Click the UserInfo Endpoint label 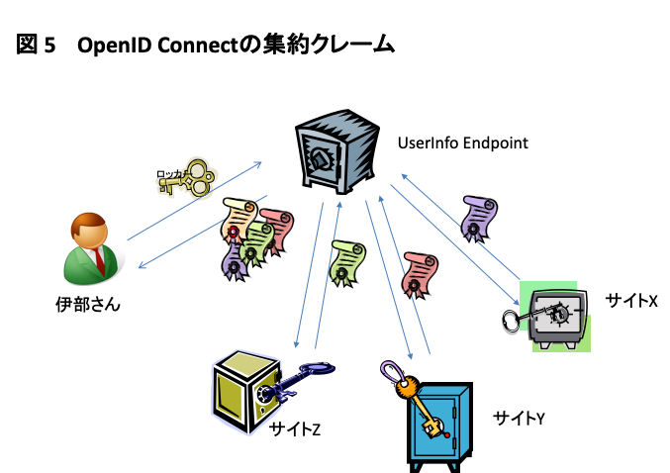coord(463,143)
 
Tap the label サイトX coord(631,301)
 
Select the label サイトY coord(519,418)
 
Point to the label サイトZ coord(295,429)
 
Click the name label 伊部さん coord(88,305)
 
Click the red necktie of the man coord(100,260)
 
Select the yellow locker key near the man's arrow coord(187,178)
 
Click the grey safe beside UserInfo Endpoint coord(336,151)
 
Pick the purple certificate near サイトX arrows coord(479,219)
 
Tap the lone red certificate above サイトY coord(420,275)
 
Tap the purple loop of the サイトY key coord(391,371)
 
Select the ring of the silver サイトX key coord(511,322)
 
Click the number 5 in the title coord(49,45)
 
